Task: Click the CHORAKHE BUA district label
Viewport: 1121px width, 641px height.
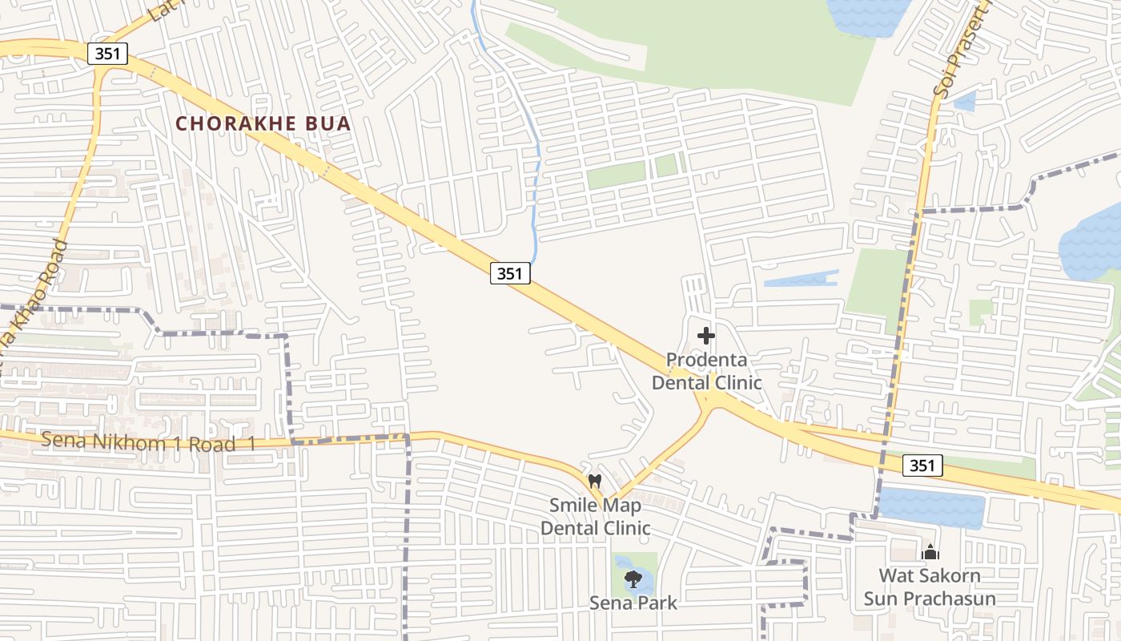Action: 263,123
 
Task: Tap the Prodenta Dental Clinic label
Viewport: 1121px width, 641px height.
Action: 706,371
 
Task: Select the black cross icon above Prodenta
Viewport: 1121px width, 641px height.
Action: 706,336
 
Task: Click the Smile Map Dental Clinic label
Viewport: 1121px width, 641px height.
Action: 595,517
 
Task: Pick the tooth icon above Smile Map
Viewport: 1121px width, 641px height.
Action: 594,481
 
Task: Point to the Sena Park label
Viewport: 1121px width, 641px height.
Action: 633,603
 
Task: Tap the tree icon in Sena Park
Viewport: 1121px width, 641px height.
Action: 633,579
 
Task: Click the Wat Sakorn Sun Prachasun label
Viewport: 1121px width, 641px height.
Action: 930,587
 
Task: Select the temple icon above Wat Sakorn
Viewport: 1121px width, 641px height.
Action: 930,552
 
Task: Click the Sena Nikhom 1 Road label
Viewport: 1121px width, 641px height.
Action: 148,442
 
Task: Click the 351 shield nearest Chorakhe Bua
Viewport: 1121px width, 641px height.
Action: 107,54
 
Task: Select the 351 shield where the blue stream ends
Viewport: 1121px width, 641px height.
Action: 510,273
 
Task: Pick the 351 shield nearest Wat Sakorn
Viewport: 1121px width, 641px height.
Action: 922,466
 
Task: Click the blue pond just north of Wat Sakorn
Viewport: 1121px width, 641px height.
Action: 933,508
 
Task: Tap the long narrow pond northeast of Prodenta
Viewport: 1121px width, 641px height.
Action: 801,280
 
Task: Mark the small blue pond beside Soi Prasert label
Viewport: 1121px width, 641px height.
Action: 965,101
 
